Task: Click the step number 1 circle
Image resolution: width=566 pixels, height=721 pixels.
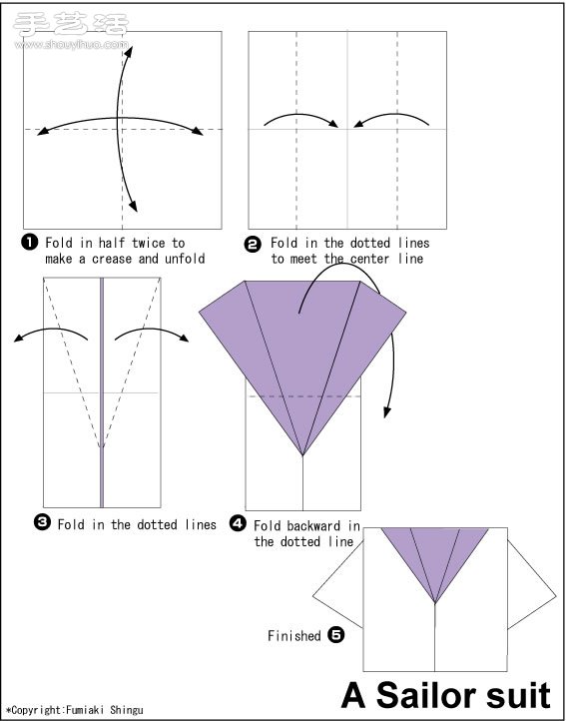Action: pos(29,242)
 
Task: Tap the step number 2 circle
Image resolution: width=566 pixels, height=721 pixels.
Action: pos(253,245)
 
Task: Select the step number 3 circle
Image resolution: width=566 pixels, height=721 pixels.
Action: pos(42,523)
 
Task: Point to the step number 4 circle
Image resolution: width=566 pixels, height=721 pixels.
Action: pos(238,523)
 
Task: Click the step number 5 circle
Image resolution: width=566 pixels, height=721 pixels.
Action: pos(336,635)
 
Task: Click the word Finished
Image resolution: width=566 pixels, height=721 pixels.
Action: pos(294,636)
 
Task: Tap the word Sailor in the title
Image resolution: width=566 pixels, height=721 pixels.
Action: pos(426,696)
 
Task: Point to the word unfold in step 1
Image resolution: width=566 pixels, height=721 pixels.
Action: pos(185,259)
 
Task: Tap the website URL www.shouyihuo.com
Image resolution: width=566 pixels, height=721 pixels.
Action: pos(72,45)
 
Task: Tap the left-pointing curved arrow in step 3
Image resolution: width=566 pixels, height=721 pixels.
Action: pos(51,332)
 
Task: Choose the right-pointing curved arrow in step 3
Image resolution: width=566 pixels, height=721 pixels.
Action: pos(152,332)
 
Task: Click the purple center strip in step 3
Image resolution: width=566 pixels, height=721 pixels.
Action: pos(102,392)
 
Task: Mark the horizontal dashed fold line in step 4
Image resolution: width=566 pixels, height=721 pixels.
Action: pos(303,395)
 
